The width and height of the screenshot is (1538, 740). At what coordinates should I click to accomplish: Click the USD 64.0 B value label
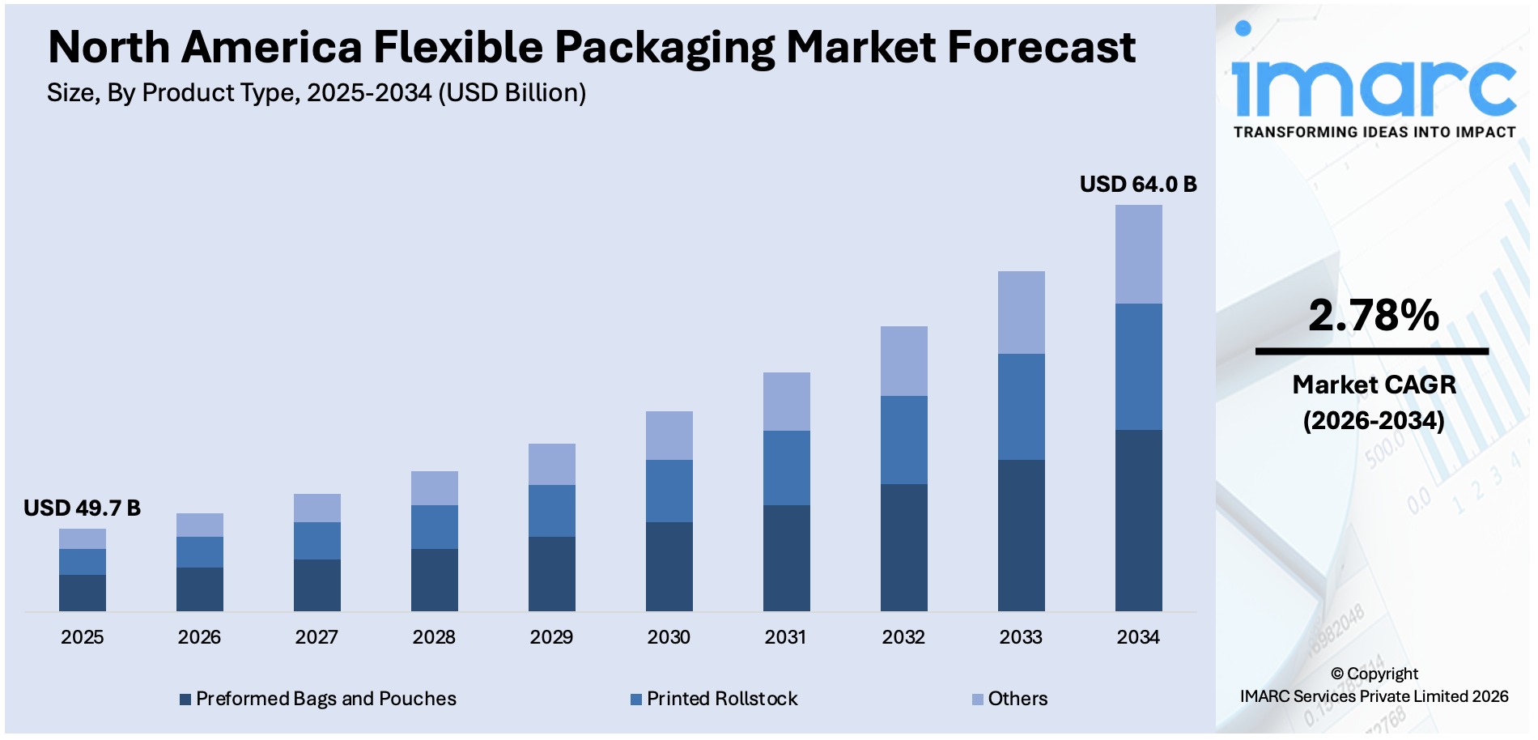tap(1137, 185)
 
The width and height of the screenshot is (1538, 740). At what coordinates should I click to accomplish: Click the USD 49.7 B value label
tap(82, 508)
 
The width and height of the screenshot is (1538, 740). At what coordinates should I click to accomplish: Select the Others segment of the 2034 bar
tap(1138, 254)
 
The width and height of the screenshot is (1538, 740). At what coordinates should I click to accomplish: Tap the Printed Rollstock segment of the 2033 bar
tap(1021, 406)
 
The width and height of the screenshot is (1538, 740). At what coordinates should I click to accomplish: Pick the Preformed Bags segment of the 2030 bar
tap(669, 566)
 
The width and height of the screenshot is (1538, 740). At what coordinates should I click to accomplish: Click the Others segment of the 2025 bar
tap(82, 538)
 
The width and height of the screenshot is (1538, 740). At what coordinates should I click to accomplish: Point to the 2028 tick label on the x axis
tap(434, 637)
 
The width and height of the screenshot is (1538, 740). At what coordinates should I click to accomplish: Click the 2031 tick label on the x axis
tap(785, 637)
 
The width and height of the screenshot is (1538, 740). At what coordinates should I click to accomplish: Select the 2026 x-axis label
tap(199, 637)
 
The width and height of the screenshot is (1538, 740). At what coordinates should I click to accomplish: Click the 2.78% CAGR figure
tap(1373, 316)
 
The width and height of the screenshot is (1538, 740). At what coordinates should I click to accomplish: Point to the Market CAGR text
tap(1374, 385)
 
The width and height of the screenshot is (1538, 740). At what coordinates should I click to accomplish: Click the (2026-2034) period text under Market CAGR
tap(1373, 421)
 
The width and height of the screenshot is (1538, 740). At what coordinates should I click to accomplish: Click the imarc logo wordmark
tap(1373, 81)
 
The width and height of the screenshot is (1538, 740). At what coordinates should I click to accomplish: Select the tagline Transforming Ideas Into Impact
tap(1374, 132)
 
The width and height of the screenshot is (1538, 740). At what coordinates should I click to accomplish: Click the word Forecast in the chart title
tap(1041, 47)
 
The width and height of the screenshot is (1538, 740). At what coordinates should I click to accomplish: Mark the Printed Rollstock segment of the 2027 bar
tap(317, 540)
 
